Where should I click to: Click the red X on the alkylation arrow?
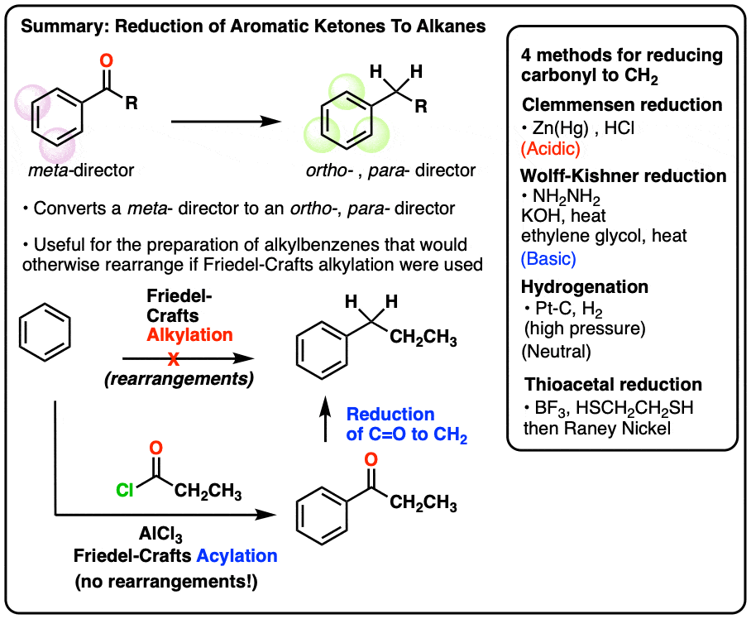(x=174, y=361)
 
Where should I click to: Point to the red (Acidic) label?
(x=551, y=149)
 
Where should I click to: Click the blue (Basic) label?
(x=548, y=259)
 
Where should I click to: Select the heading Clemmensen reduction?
(x=622, y=105)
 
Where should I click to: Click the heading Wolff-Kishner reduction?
(x=624, y=175)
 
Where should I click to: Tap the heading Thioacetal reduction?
(x=613, y=385)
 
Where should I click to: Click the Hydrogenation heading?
(x=585, y=286)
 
